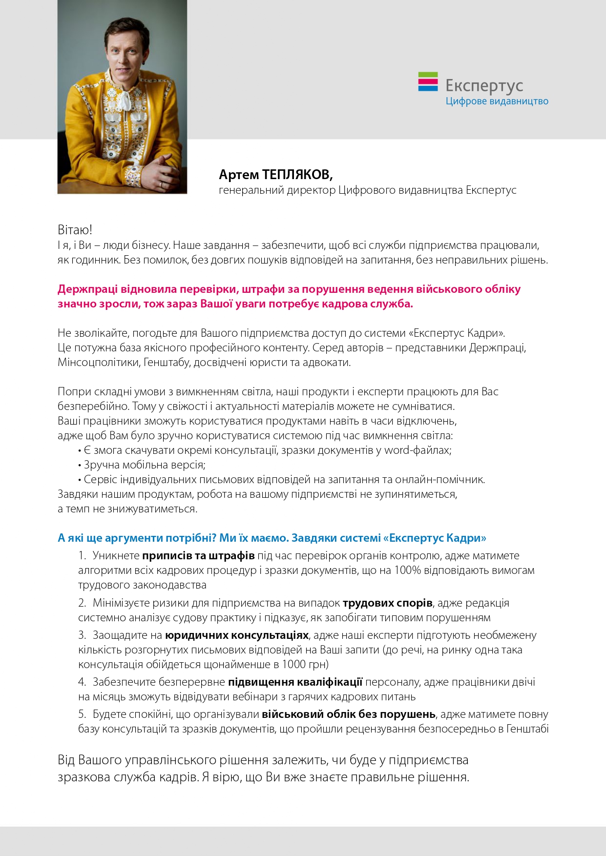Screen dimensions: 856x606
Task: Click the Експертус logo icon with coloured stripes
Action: tap(428, 82)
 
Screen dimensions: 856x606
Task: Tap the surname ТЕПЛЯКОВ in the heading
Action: tap(297, 175)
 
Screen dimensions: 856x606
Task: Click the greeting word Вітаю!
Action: tap(75, 230)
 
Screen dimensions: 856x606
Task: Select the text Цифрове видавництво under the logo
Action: tap(497, 102)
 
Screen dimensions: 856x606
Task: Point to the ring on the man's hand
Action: tap(161, 184)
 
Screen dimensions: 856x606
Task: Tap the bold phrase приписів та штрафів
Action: tap(198, 556)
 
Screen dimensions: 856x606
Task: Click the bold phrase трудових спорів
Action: tap(387, 603)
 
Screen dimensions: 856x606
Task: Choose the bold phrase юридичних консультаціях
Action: tap(237, 635)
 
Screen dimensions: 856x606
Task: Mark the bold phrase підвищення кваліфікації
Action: tap(295, 682)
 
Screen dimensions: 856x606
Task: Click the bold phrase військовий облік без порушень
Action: tap(348, 714)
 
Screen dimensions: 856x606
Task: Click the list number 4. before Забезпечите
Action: tap(82, 682)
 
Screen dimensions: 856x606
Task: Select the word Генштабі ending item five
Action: tap(527, 729)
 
